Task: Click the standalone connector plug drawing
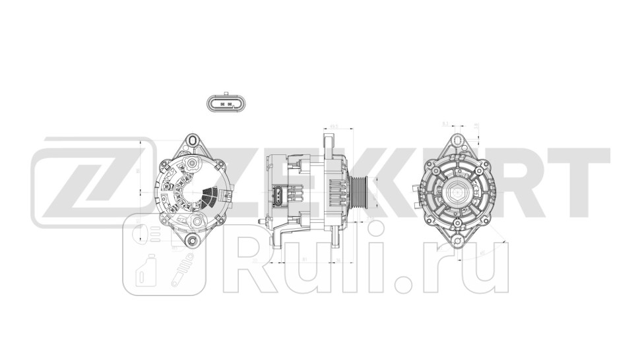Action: [x=226, y=104]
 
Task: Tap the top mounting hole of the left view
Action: [x=192, y=140]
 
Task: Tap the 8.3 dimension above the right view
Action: [x=445, y=123]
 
